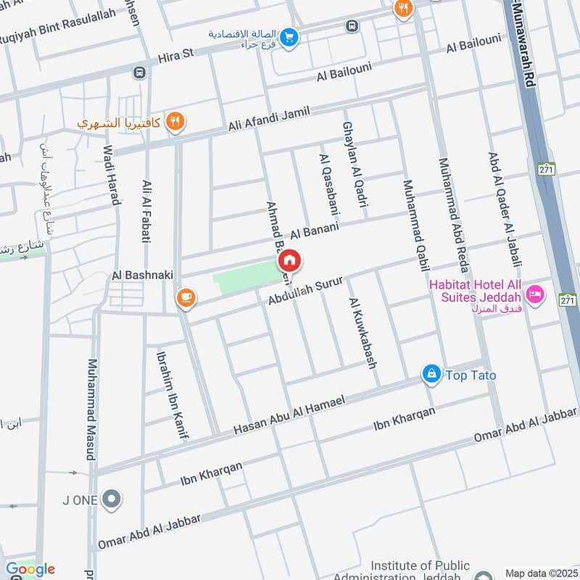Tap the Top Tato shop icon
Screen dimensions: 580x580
pos(431,374)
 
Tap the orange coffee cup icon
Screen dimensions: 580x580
pos(186,298)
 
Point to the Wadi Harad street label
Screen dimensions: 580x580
pos(111,175)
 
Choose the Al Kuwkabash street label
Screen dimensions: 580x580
pos(363,333)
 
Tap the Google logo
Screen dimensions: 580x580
pos(30,569)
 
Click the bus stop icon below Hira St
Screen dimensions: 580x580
pos(138,72)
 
